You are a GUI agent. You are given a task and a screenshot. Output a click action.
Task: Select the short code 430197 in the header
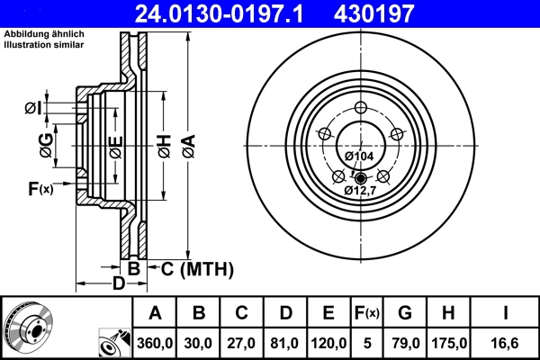coord(399,13)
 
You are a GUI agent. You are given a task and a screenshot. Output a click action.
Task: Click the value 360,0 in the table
coord(155,343)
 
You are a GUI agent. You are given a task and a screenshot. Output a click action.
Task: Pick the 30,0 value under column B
coord(199,343)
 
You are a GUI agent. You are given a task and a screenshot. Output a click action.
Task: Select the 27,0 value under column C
coord(241,343)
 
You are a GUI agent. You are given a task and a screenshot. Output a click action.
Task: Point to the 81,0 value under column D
coord(284,343)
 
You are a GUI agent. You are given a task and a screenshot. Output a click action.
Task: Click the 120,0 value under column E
coord(328,343)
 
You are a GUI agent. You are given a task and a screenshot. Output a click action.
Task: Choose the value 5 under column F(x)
coord(367,343)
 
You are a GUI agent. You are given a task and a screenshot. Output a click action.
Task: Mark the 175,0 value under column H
coord(449,343)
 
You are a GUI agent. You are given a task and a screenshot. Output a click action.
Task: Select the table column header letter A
coord(155,313)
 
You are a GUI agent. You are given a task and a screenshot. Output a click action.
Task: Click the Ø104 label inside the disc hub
coord(360,157)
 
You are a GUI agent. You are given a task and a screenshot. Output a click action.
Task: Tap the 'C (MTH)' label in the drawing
coord(197,268)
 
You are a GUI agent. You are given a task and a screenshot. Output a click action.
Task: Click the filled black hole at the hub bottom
coord(360,177)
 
